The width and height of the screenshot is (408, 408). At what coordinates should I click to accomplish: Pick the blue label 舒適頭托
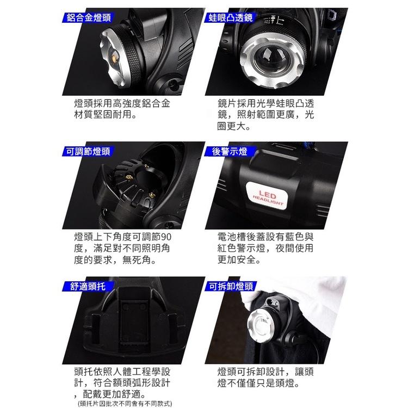(85, 286)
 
